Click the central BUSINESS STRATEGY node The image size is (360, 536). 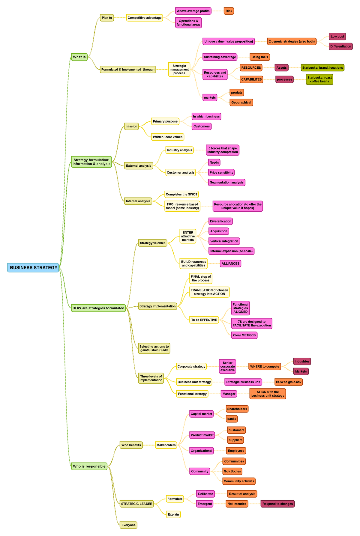coord(33,268)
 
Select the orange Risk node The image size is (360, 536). coord(229,11)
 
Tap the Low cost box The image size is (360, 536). coord(337,37)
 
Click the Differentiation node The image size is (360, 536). coord(340,46)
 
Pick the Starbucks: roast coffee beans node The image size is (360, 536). coord(319,79)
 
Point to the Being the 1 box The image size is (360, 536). coord(260,57)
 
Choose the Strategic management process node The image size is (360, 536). coord(179,70)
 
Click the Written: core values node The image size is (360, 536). coord(167,137)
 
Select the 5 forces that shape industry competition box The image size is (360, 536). coord(222,150)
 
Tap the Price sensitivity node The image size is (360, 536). coord(221,173)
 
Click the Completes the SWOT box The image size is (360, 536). coord(181,195)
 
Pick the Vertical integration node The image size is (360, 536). coord(224,241)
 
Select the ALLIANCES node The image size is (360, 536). coord(230,264)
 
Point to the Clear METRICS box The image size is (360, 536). coord(244,335)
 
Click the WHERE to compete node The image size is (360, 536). coord(265,367)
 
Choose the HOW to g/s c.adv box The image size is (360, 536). coord(288,382)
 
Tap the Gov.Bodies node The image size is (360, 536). coord(232,472)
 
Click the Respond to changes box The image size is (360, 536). coord(277,504)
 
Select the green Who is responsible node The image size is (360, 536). coord(89,466)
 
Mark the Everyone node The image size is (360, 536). coord(128,525)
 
